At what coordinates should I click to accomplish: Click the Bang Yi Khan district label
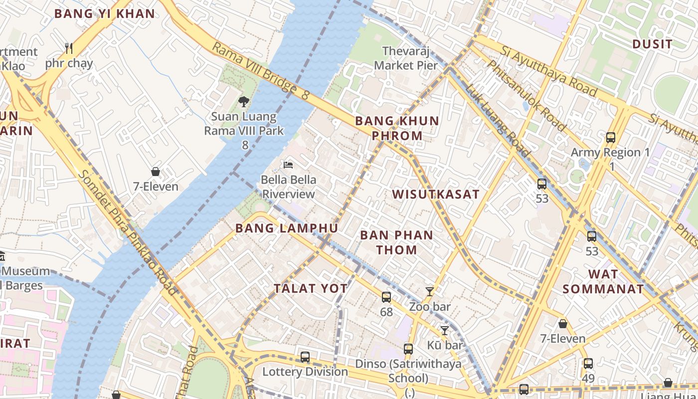point(105,13)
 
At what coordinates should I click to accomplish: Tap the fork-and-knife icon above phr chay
point(69,48)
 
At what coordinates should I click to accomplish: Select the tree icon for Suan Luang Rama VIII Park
point(243,102)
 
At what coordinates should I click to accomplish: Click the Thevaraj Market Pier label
point(406,58)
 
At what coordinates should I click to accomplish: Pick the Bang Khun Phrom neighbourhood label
point(397,128)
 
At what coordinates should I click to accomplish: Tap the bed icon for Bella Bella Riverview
point(288,165)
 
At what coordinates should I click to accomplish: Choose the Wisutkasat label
point(436,194)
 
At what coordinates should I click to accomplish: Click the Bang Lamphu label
point(287,228)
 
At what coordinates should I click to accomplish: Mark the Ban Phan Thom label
point(396,242)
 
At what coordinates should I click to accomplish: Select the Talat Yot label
point(310,288)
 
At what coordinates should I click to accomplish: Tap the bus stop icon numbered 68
point(386,297)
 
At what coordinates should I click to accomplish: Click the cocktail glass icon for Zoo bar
point(429,292)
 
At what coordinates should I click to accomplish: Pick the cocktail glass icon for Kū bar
point(444,330)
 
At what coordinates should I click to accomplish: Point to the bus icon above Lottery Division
point(305,357)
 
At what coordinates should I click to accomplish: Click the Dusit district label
point(652,44)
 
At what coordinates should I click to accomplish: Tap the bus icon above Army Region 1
point(610,138)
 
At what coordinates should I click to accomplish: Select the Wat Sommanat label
point(603,281)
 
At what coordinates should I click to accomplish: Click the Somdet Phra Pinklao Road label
point(128,231)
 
